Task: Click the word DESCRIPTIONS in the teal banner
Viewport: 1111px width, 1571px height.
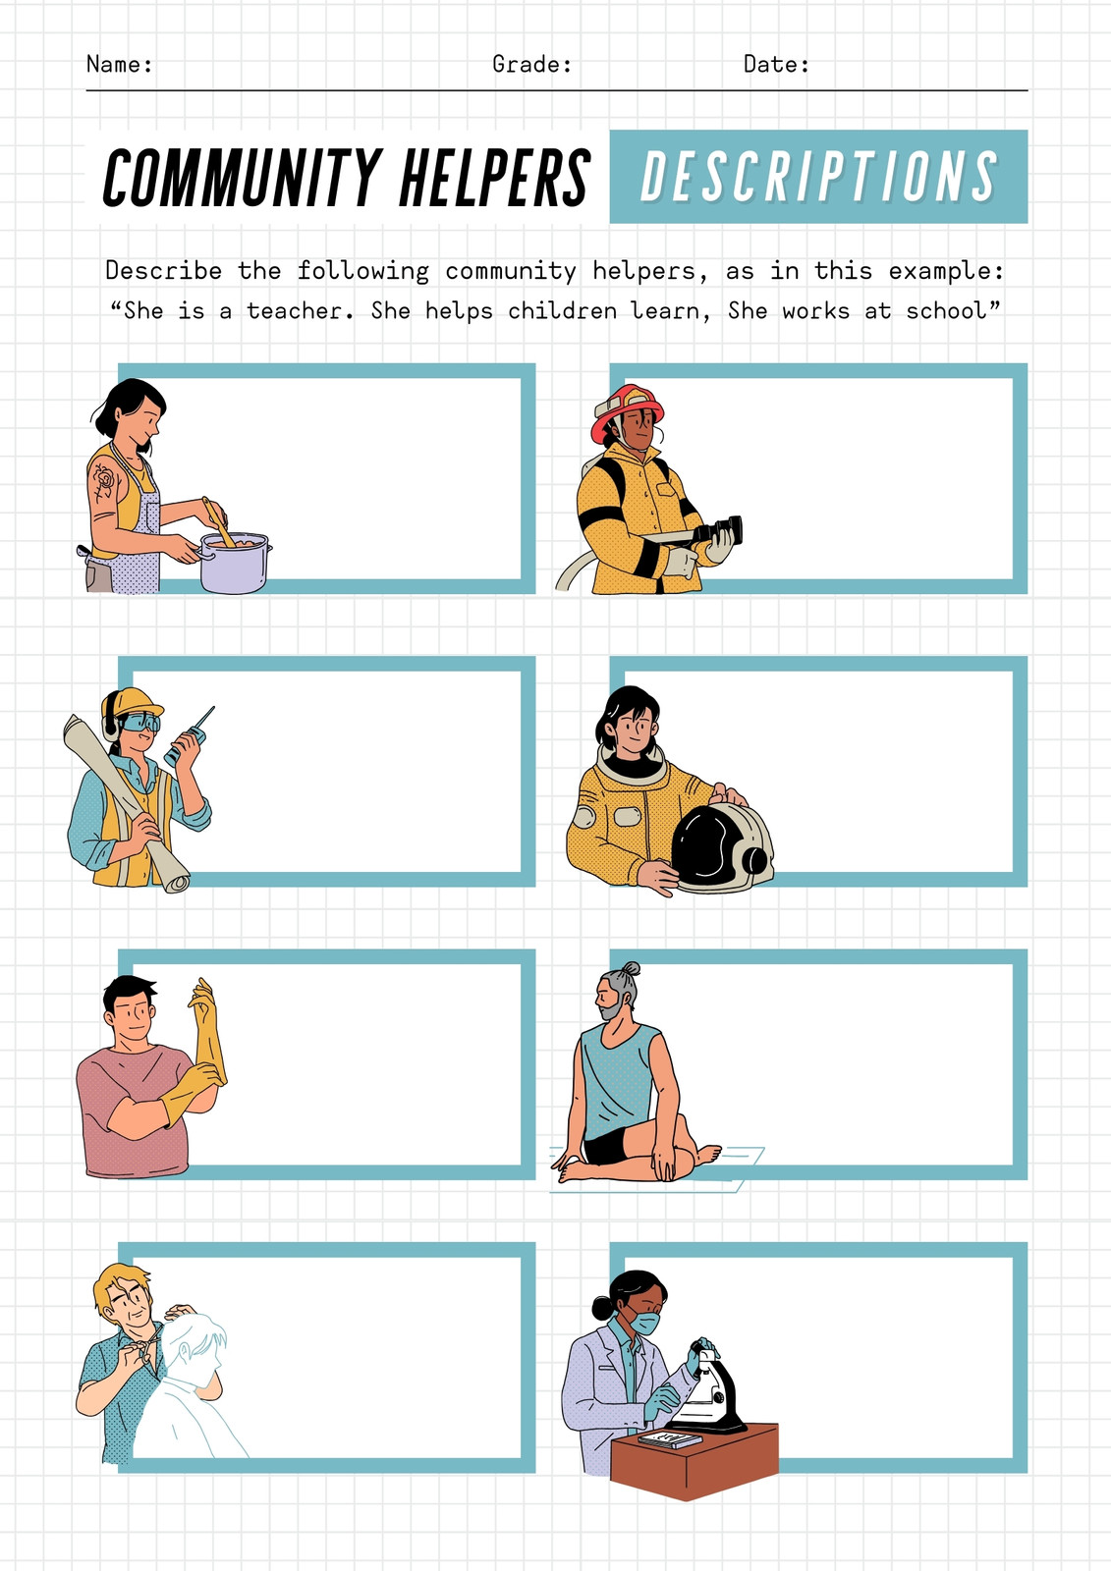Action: (x=818, y=176)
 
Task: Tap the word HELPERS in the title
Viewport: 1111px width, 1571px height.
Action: (x=495, y=178)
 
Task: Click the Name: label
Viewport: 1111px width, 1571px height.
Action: (x=119, y=65)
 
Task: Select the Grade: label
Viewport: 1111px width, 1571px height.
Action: (x=532, y=65)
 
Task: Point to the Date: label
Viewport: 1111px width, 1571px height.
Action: (x=776, y=65)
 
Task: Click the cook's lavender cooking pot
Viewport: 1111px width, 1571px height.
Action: (x=235, y=563)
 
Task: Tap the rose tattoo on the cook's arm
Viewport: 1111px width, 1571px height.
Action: (x=104, y=479)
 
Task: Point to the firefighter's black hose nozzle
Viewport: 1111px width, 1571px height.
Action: (x=718, y=531)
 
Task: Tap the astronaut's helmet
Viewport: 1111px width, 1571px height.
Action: (x=721, y=849)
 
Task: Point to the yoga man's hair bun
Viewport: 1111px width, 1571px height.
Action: (x=631, y=968)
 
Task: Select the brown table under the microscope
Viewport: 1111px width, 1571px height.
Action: (x=694, y=1461)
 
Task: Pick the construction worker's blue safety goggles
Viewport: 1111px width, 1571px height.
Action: (x=139, y=723)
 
